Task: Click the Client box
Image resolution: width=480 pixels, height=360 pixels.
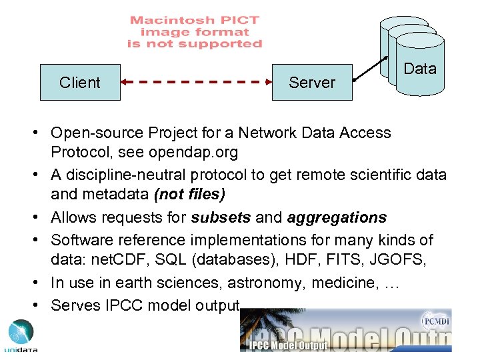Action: [x=80, y=82]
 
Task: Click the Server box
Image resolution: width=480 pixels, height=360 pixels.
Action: [x=312, y=82]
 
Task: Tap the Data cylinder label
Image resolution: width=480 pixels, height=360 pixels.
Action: [x=420, y=69]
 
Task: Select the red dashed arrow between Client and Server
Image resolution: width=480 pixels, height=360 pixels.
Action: [x=196, y=82]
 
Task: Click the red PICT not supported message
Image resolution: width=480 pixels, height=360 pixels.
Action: [x=195, y=32]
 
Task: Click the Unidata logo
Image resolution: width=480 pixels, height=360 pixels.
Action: [x=21, y=336]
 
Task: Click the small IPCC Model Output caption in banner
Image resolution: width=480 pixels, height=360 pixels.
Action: [x=288, y=345]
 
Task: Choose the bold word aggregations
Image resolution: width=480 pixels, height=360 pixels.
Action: [x=337, y=217]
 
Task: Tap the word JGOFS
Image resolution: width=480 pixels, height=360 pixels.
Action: [x=402, y=261]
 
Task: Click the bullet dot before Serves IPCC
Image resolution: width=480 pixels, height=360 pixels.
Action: [x=40, y=305]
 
